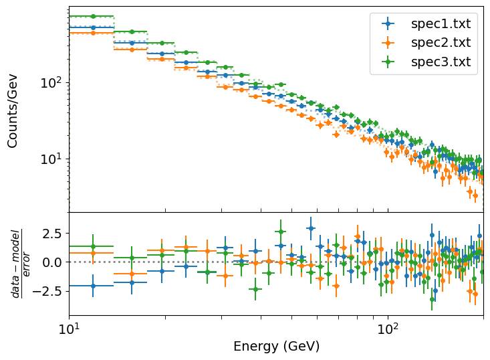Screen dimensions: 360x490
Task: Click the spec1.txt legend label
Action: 440,24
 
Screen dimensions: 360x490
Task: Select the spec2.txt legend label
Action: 440,43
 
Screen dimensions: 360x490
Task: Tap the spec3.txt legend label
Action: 440,62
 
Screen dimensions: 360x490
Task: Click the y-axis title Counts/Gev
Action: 13,110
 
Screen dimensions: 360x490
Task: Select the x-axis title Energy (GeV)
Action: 276,347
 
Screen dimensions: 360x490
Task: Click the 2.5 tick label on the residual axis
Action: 51,234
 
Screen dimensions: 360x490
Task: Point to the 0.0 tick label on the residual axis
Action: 51,262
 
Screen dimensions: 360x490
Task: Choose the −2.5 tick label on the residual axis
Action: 47,291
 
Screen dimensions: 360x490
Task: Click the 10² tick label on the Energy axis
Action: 388,329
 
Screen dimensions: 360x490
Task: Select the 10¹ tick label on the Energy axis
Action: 69,329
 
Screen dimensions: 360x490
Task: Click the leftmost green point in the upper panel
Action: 93,16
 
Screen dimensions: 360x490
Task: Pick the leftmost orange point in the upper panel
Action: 93,33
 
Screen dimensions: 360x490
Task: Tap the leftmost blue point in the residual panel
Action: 93,286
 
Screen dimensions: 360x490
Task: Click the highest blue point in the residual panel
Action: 310,228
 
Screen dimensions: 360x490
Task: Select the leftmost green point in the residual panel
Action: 93,246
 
